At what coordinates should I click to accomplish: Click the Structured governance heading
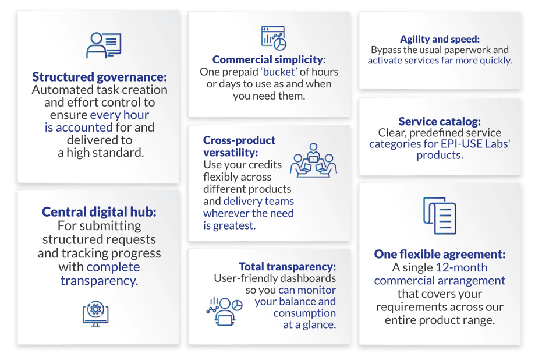[x=100, y=77]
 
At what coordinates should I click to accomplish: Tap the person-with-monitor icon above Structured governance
[x=104, y=45]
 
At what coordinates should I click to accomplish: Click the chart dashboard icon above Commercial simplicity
[x=274, y=38]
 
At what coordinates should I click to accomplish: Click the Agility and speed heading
[x=440, y=39]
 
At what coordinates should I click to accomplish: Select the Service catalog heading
[x=440, y=121]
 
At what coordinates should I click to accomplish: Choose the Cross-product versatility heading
[x=239, y=146]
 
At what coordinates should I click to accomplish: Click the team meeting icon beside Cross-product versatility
[x=313, y=160]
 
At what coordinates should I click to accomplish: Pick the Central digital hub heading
[x=99, y=212]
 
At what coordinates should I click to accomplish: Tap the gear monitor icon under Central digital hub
[x=95, y=313]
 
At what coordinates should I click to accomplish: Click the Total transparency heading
[x=287, y=266]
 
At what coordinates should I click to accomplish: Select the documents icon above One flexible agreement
[x=440, y=216]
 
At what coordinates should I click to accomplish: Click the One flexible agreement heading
[x=440, y=254]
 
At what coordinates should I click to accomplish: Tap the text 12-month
[x=462, y=267]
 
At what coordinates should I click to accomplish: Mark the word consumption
[x=304, y=313]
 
